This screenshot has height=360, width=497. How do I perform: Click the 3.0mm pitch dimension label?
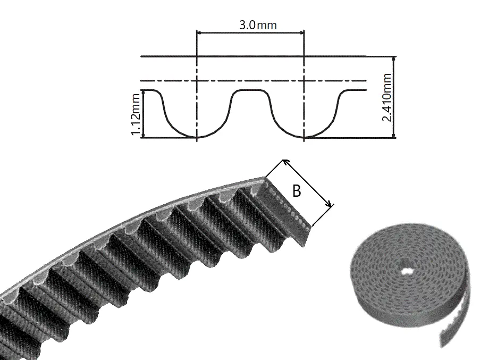(258, 25)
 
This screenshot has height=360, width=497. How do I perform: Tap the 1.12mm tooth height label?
(136, 114)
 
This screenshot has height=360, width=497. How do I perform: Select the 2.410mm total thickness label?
(387, 97)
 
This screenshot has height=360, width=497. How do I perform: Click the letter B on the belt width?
(297, 191)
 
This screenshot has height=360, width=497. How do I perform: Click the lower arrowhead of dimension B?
(330, 205)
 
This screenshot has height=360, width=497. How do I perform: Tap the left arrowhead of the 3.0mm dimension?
(199, 32)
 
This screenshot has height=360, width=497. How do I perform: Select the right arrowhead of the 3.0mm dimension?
(302, 32)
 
